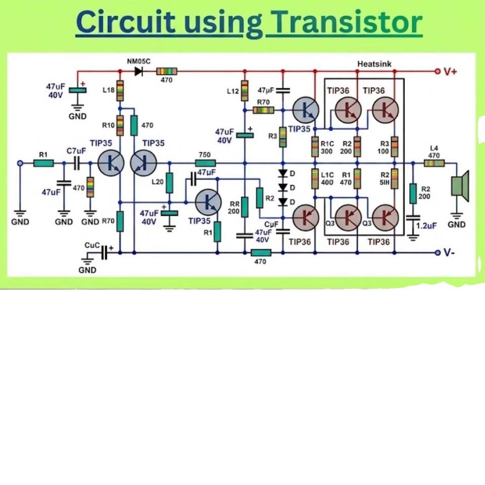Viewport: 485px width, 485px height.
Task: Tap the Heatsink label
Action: (x=374, y=64)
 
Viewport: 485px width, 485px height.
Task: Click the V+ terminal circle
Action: (x=438, y=71)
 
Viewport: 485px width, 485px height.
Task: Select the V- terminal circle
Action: (x=438, y=253)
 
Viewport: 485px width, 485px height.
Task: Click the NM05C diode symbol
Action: (x=138, y=71)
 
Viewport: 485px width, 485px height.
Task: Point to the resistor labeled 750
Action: (x=206, y=163)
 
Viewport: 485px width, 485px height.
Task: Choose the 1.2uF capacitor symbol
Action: (x=413, y=217)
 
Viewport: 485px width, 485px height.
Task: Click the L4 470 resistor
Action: (x=434, y=163)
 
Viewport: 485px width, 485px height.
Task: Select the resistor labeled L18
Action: (x=120, y=90)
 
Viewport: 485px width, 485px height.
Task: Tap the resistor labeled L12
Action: (x=245, y=90)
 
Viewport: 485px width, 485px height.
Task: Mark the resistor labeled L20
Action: (x=170, y=183)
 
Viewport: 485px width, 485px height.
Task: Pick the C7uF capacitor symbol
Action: (x=76, y=163)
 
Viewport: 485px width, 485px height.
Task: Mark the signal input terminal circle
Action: (x=20, y=163)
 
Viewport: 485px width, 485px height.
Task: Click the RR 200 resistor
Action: (x=245, y=207)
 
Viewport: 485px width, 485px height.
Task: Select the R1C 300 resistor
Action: (x=315, y=147)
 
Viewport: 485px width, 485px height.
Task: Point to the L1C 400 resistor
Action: (x=315, y=178)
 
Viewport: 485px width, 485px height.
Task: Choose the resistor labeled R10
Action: (x=120, y=125)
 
